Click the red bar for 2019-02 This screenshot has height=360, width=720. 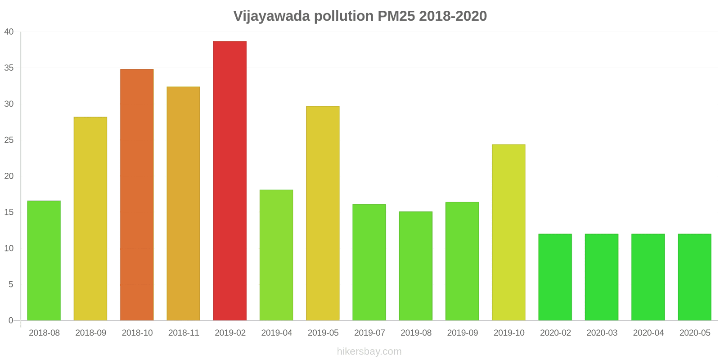point(230,180)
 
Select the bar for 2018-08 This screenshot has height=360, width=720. point(44,261)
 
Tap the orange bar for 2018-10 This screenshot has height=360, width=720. point(137,195)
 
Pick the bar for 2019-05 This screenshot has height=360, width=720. point(323,213)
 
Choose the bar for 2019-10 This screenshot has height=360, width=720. point(508,232)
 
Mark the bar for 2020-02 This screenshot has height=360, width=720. point(555,277)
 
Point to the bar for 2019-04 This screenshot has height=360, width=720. point(276,255)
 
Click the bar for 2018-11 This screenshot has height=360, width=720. point(183,203)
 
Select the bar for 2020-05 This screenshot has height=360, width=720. point(695,277)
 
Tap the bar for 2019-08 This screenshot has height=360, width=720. point(416,266)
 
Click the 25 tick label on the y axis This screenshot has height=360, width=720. point(9,140)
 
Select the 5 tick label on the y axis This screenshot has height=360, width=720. point(11,284)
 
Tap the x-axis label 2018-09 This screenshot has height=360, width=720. point(90,333)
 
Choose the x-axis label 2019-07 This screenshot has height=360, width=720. point(369,333)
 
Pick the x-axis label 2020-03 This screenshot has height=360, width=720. point(602,333)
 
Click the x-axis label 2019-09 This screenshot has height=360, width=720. point(462,333)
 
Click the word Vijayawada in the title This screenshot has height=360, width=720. point(272,16)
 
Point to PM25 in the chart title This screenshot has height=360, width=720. point(396,16)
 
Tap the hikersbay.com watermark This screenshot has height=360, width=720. point(369,351)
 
